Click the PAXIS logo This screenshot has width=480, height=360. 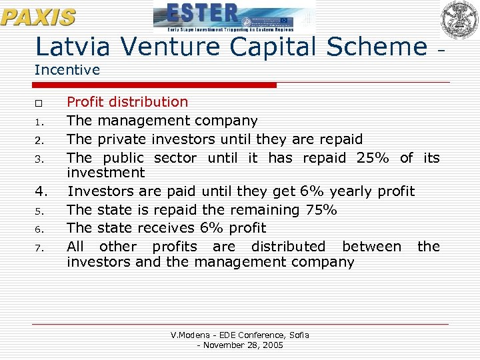[x=38, y=17]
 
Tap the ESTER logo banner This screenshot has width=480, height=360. [x=234, y=17]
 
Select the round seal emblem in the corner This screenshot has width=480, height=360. [x=459, y=19]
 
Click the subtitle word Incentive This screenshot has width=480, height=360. [x=67, y=69]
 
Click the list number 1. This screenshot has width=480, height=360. [x=39, y=122]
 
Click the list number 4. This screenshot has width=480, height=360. [x=41, y=192]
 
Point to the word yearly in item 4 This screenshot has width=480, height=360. [x=350, y=192]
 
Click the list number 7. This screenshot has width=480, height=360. [x=39, y=248]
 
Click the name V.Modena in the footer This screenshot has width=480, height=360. [x=190, y=335]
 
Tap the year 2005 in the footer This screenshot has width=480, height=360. [x=272, y=345]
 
